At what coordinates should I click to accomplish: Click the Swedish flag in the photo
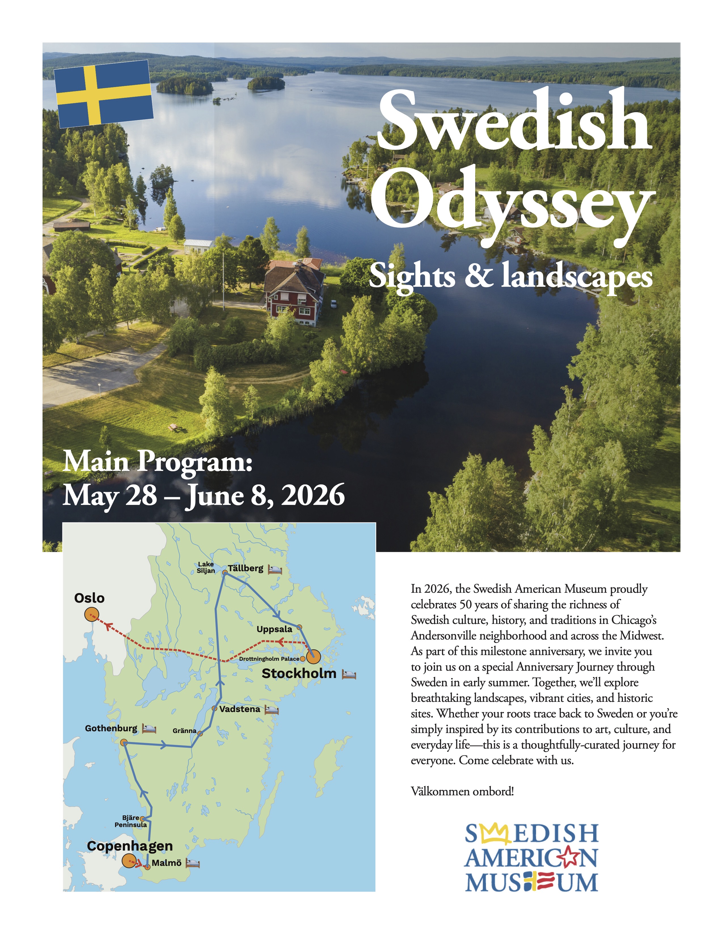(104, 94)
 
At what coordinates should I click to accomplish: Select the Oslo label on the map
(89, 598)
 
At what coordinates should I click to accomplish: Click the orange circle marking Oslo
(91, 615)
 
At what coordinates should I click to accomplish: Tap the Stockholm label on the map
(299, 673)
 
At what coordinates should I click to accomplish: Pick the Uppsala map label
(274, 629)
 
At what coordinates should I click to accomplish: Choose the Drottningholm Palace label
(269, 659)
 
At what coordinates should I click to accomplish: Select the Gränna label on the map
(184, 731)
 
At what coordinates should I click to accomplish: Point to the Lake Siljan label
(206, 567)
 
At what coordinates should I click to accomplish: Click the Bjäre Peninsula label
(131, 821)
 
